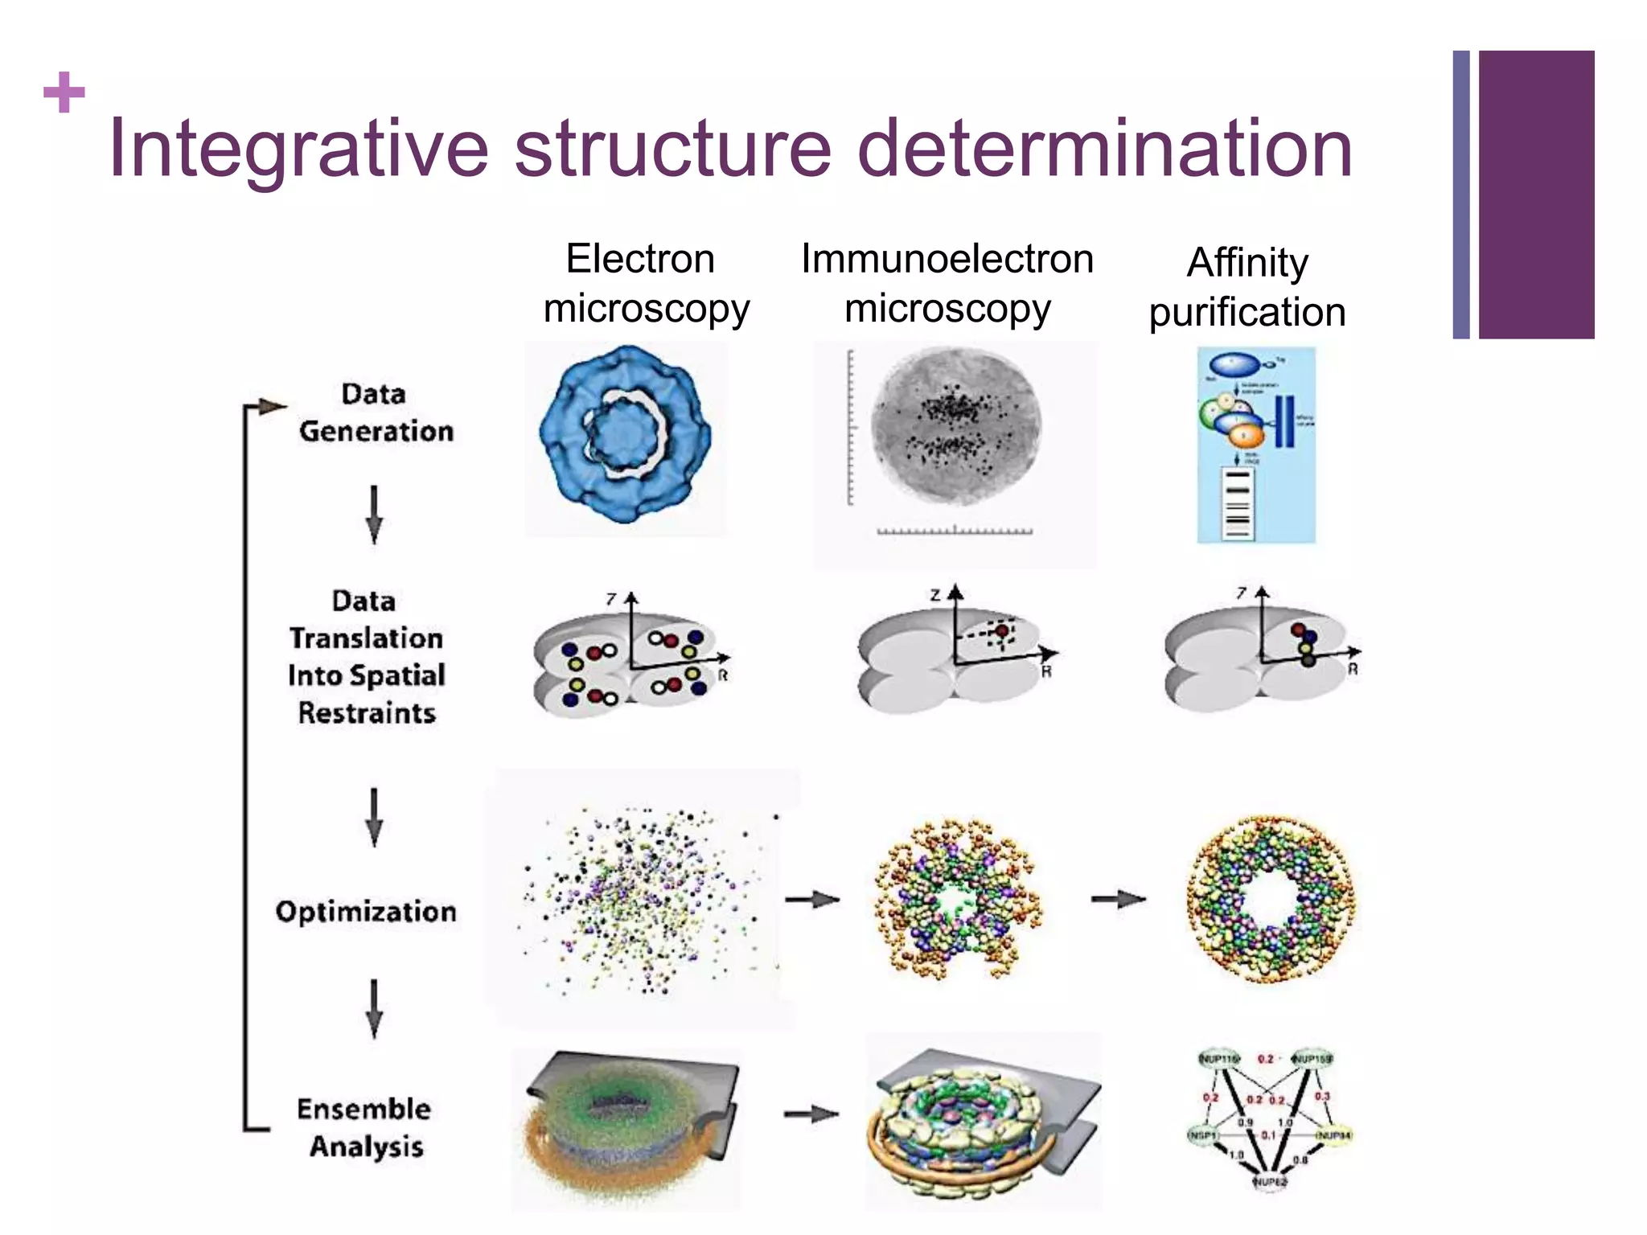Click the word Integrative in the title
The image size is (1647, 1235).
[298, 149]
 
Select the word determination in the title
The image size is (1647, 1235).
[1105, 149]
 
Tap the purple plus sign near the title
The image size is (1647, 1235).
[64, 92]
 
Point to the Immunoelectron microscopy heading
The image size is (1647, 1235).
[947, 283]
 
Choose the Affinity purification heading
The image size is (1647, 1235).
[1247, 286]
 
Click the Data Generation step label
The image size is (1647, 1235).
[375, 412]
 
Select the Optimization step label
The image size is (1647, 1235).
[366, 911]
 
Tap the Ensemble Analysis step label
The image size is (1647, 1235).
[364, 1126]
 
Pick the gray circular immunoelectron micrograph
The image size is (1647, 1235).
[955, 426]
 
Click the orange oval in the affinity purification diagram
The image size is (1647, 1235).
[1246, 436]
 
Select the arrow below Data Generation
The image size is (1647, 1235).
[374, 515]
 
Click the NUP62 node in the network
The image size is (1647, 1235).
[1269, 1181]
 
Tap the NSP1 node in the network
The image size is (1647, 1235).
[1203, 1134]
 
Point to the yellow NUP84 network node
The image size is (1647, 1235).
[1333, 1134]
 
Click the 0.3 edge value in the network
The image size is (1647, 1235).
[1322, 1095]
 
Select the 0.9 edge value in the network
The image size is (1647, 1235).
[1246, 1122]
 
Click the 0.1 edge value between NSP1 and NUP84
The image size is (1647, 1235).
[1268, 1135]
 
